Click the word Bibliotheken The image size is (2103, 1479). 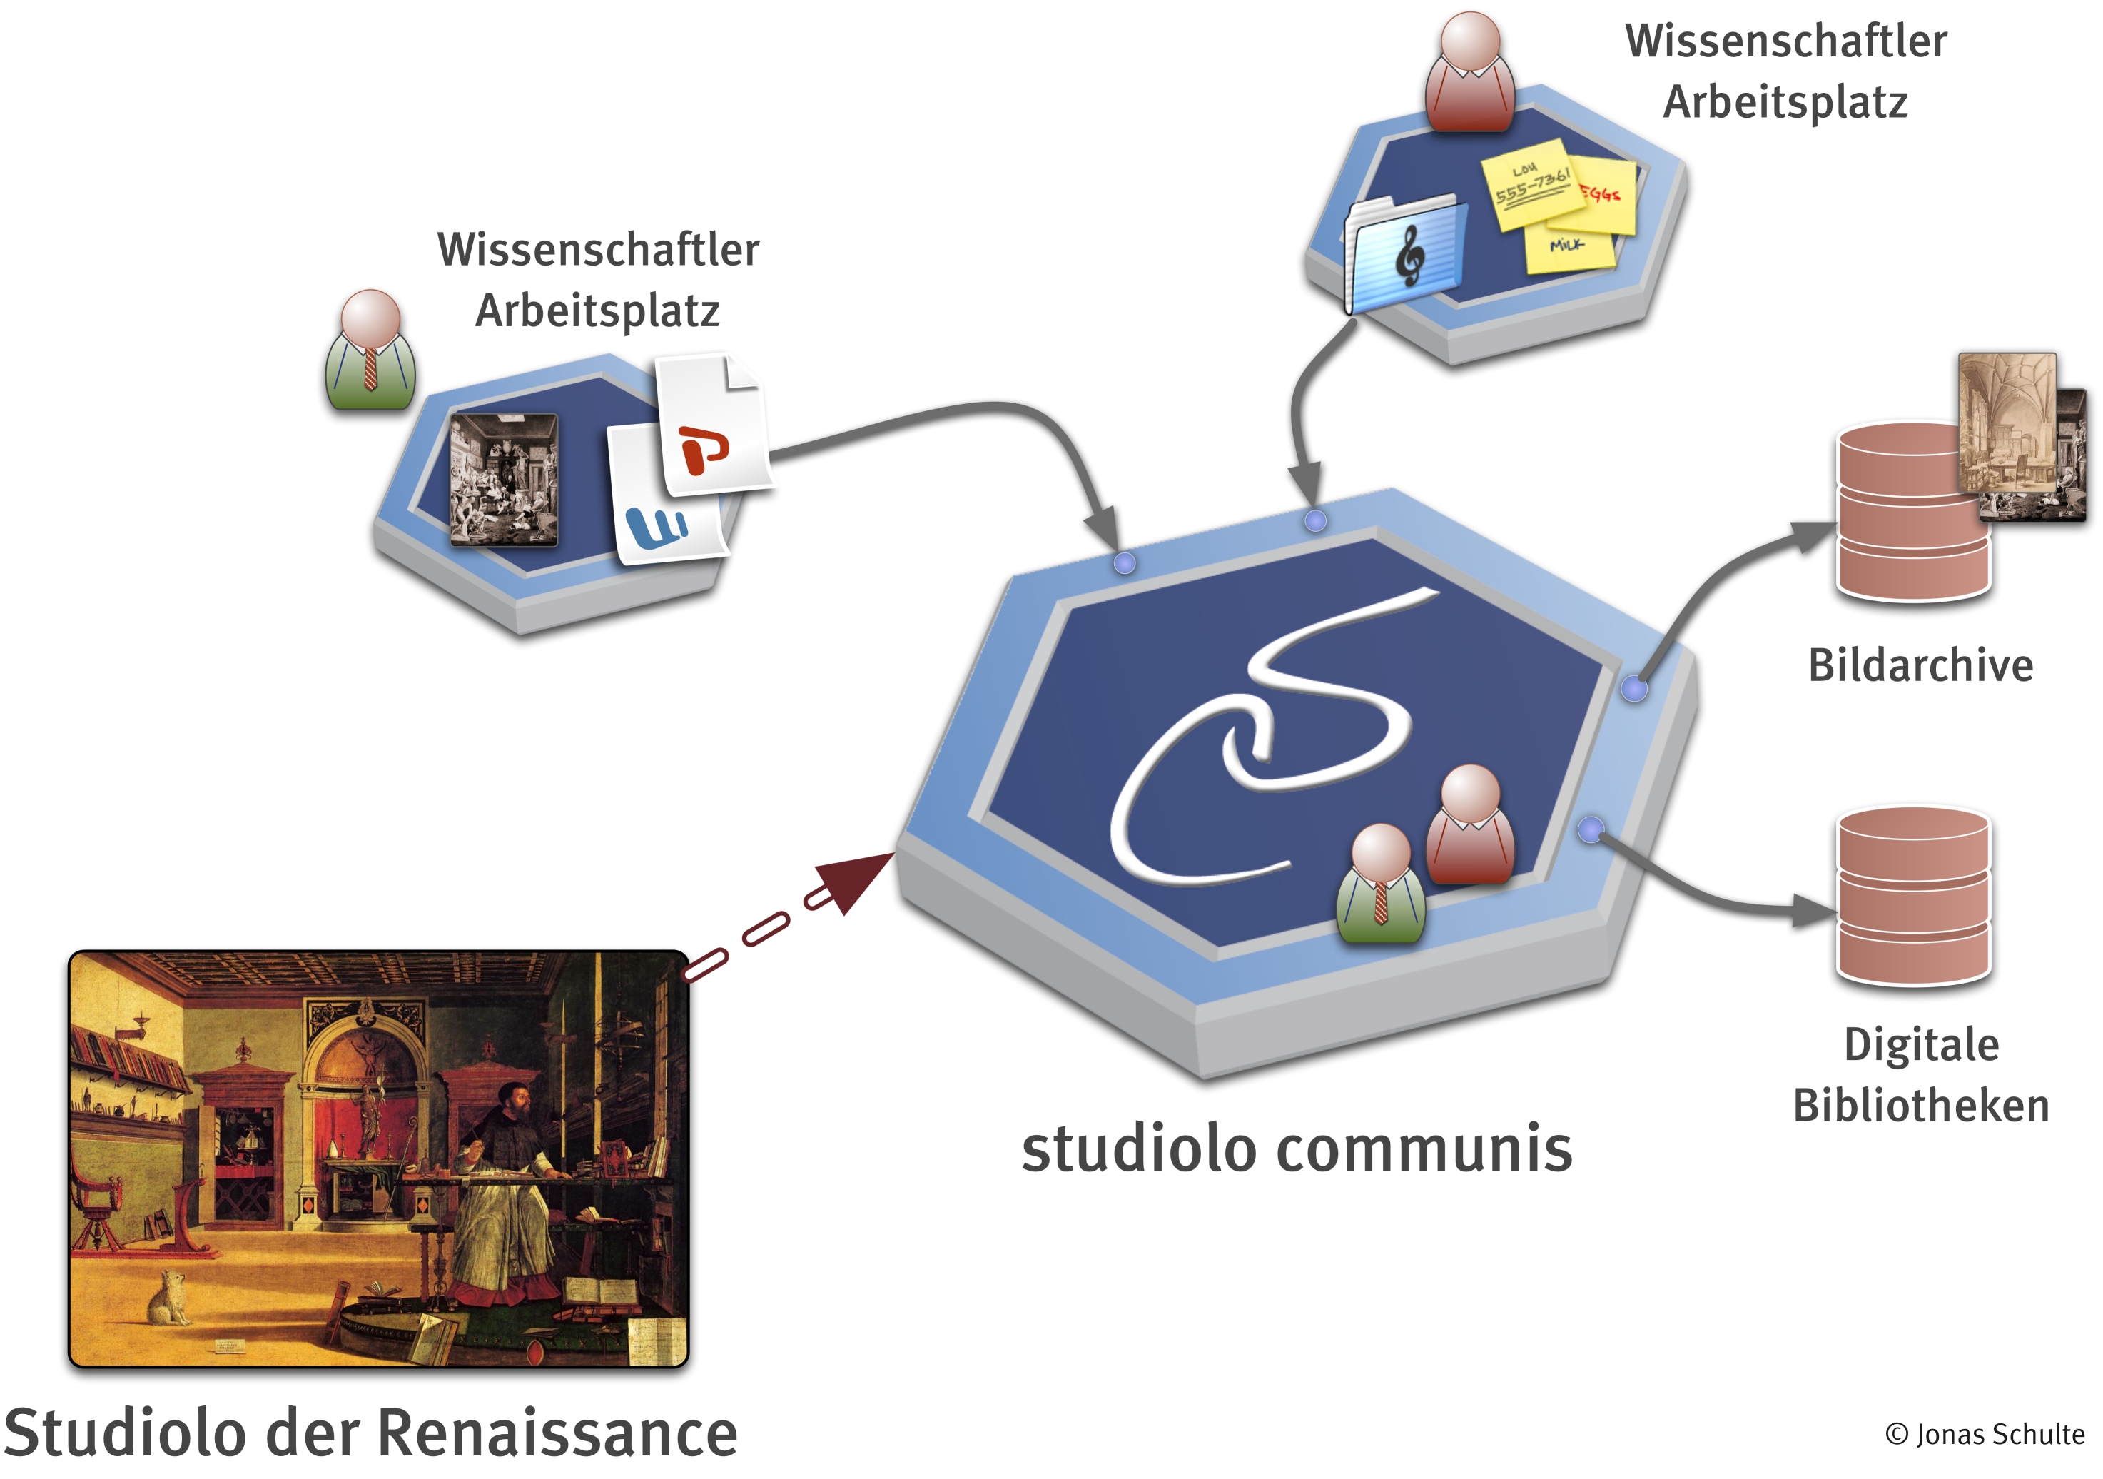coord(1921,1105)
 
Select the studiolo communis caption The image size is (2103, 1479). coord(1296,1149)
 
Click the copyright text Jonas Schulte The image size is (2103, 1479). coord(1984,1434)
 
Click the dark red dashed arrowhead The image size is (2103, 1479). coord(858,881)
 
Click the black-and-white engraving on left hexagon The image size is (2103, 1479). coord(503,480)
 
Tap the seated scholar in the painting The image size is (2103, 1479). coord(500,1191)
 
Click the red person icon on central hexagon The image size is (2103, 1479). coord(1470,824)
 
